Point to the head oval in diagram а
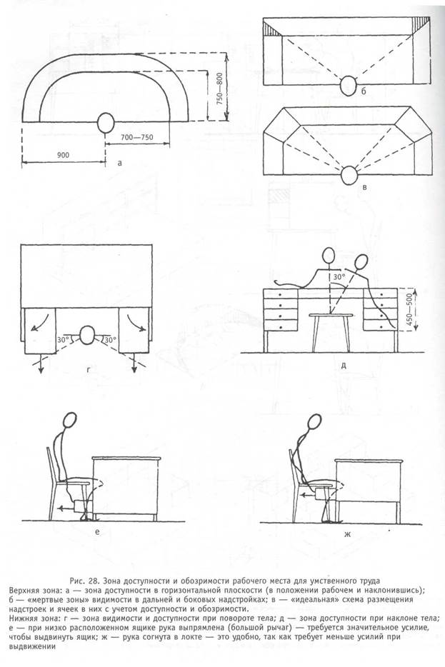[106, 122]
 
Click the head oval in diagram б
[349, 85]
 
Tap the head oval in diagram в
[349, 174]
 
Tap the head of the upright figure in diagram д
[329, 255]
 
